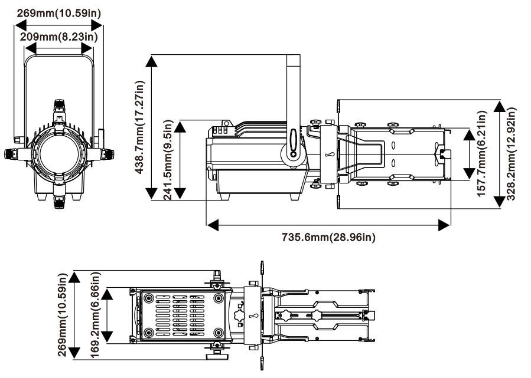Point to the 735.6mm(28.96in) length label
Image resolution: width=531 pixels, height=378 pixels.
pos(328,238)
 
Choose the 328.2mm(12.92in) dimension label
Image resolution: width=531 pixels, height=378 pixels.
pos(512,153)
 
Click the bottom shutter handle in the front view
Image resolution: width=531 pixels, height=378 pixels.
pos(60,202)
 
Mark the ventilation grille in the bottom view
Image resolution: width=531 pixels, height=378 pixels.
pos(180,316)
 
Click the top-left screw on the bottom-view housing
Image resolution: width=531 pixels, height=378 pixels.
pos(148,297)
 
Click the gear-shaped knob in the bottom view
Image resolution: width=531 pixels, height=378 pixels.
pos(240,316)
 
